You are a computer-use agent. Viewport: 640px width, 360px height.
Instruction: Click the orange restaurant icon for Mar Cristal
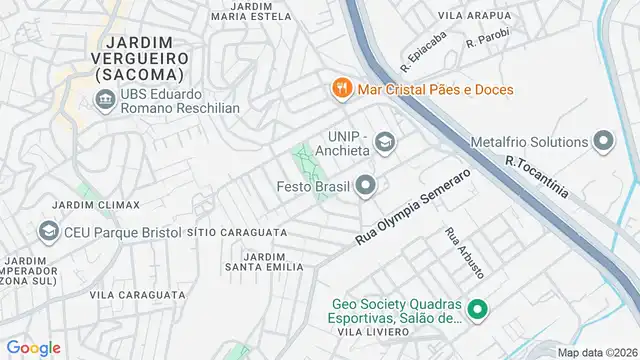click(x=342, y=89)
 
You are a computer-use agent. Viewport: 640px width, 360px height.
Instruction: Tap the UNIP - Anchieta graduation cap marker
click(x=385, y=144)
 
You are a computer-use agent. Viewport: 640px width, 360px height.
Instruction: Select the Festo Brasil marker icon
click(x=367, y=185)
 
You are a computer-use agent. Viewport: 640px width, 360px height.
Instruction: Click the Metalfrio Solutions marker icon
click(x=603, y=141)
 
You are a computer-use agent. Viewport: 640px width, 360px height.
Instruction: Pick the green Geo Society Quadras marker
click(x=477, y=312)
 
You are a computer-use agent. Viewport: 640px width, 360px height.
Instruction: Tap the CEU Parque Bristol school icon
click(x=48, y=232)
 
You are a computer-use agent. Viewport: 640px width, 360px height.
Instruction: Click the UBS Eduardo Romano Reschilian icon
click(x=103, y=99)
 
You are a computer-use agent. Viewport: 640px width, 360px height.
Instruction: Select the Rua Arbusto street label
click(x=465, y=254)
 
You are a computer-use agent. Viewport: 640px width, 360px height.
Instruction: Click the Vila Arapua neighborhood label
click(x=475, y=16)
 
